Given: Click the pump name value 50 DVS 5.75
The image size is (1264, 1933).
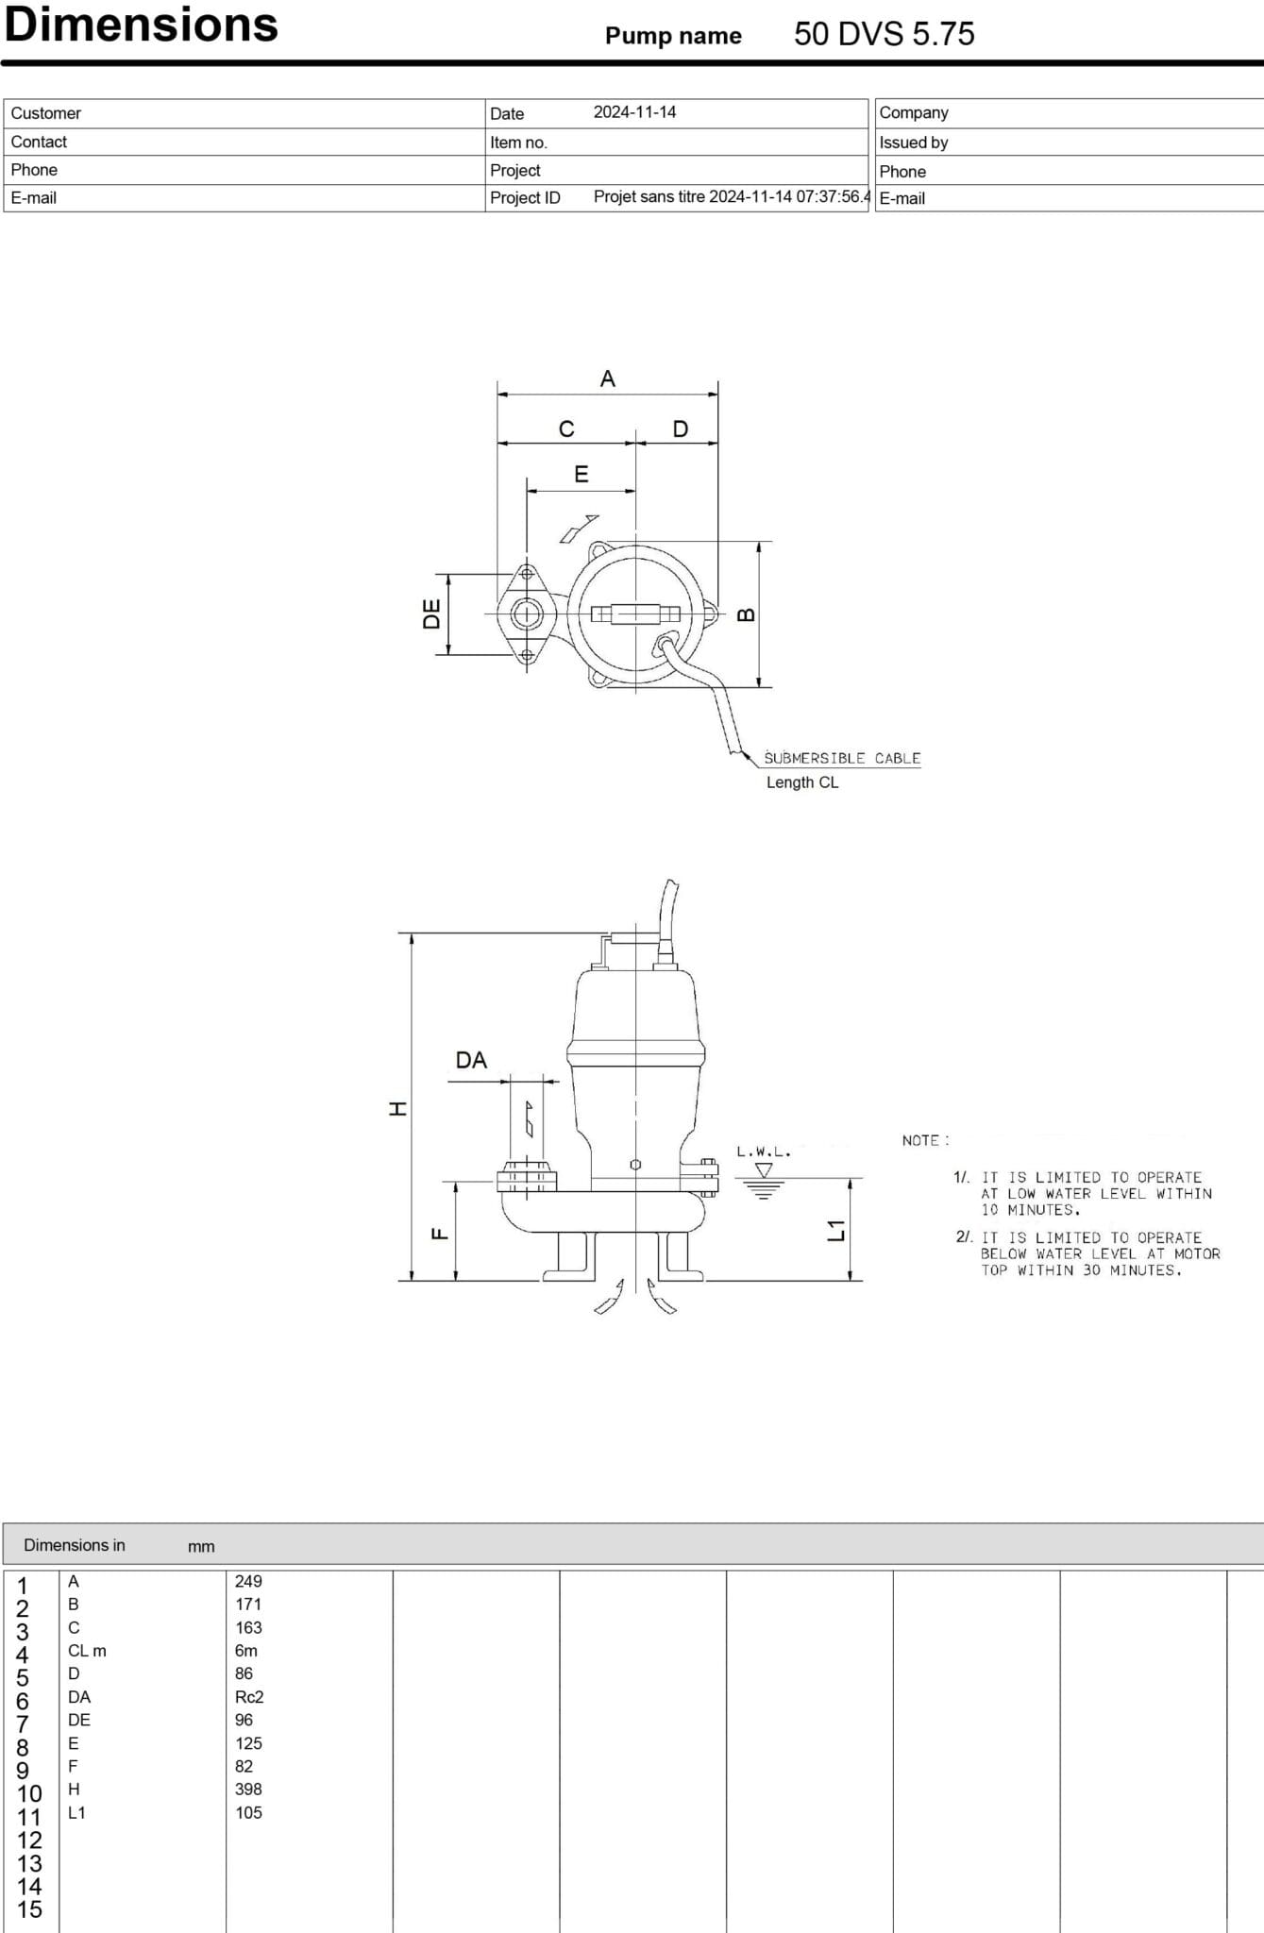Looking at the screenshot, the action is [884, 34].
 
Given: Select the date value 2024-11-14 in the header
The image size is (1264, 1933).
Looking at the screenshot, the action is [634, 112].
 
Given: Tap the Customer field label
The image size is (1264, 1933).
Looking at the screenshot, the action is [45, 113].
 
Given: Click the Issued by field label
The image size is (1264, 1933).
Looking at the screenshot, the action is [913, 143].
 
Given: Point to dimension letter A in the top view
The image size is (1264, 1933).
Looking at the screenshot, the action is [607, 378].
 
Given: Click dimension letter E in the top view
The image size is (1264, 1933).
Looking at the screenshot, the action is [581, 474].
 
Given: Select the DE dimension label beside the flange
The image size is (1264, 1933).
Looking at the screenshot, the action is [431, 614].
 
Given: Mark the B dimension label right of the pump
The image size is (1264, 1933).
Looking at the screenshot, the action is [746, 614].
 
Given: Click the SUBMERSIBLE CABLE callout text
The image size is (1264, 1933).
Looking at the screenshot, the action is [842, 758].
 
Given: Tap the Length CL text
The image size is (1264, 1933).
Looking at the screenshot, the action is [802, 782].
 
